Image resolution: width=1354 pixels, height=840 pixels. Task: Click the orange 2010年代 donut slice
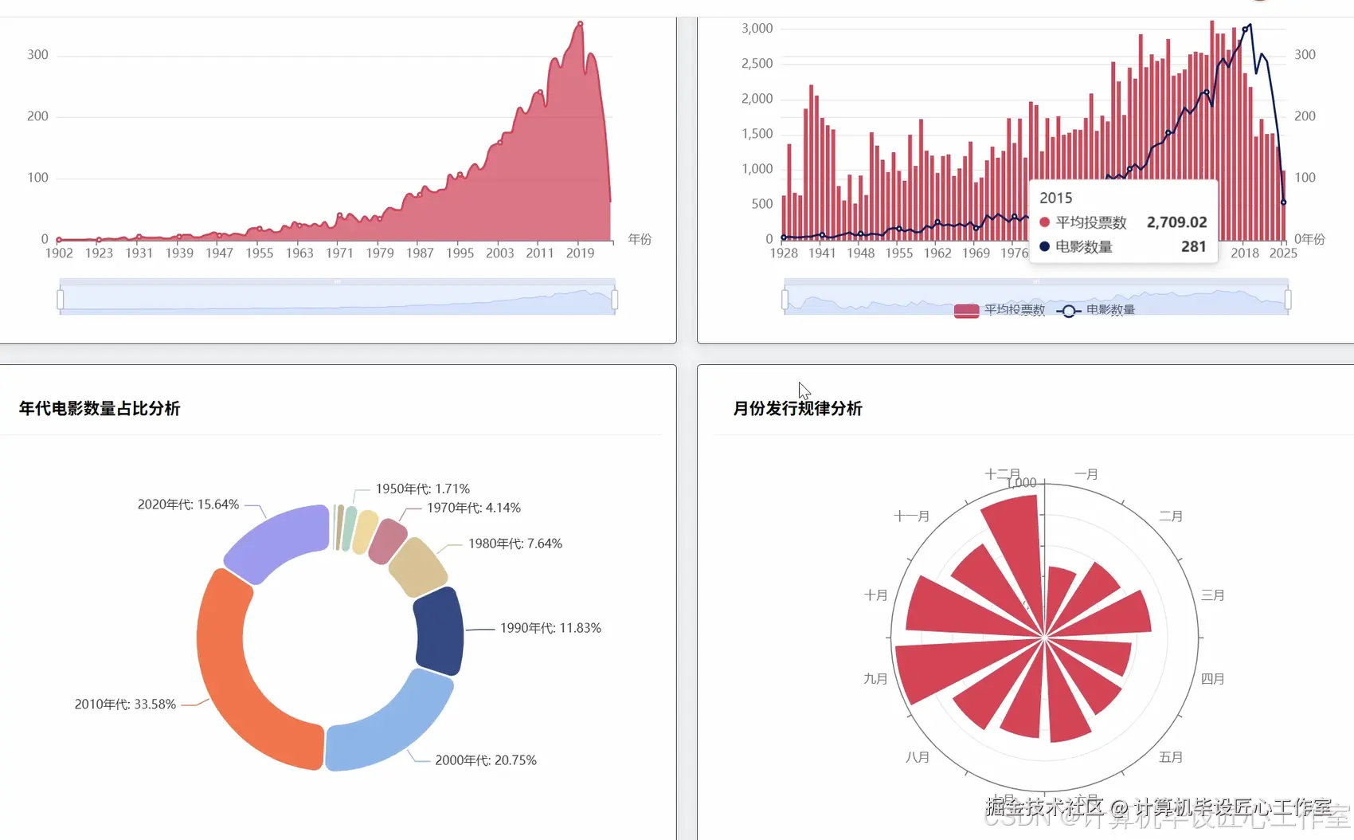231,677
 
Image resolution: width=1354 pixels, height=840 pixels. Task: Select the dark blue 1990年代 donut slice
439,631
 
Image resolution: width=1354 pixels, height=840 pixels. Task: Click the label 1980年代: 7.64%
515,544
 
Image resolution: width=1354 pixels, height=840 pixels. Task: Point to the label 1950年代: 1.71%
422,489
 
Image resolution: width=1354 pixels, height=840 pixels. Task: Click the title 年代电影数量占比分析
100,408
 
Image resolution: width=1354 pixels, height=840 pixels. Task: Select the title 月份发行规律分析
797,408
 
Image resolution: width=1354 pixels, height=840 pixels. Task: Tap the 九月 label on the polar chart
875,679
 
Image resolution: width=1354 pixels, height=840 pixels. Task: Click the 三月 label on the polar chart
1212,595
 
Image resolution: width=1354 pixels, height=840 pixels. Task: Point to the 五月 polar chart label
1170,757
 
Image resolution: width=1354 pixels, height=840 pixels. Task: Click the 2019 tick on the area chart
580,253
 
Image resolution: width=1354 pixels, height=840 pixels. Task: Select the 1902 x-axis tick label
59,253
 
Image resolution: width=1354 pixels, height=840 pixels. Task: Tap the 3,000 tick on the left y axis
757,29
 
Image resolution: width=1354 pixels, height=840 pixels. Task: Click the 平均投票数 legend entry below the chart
1000,310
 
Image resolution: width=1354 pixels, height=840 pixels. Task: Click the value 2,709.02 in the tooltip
1176,222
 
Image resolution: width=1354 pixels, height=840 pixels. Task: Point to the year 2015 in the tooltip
1055,198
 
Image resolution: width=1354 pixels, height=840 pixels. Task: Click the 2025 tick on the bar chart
1282,253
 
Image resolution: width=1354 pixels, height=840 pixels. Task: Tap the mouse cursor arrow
804,391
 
